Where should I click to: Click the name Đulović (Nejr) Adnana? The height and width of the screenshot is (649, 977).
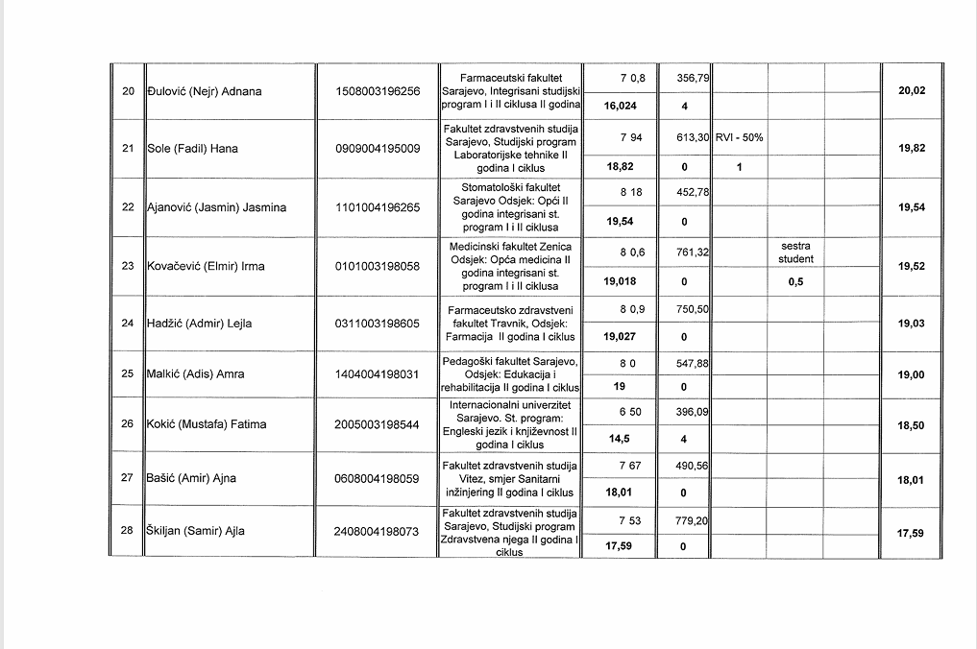pos(204,92)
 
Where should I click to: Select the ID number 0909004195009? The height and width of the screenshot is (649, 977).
pos(378,150)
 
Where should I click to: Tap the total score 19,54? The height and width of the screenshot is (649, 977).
pos(911,207)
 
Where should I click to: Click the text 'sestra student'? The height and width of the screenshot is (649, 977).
pos(795,252)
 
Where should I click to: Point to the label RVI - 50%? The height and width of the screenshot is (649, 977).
pos(739,137)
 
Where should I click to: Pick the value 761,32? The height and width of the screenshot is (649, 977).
pos(692,252)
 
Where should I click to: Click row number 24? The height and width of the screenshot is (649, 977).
pos(128,324)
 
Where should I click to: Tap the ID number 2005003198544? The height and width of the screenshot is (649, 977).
pos(378,424)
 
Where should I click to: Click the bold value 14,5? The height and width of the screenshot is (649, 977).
pos(619,438)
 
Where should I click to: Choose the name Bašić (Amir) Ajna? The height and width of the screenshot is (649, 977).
pos(191,478)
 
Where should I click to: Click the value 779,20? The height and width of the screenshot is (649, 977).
pos(692,520)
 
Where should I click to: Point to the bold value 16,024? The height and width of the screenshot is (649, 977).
pos(620,106)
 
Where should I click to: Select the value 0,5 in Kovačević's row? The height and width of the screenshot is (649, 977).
pos(795,282)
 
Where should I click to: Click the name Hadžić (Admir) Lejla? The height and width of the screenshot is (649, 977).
pos(199,324)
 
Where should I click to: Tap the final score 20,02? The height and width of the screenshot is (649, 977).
pos(911,90)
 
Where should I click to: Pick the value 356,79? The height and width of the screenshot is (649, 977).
pos(692,77)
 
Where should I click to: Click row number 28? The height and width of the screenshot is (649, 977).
pos(128,530)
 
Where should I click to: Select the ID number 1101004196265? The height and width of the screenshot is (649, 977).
pos(378,207)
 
